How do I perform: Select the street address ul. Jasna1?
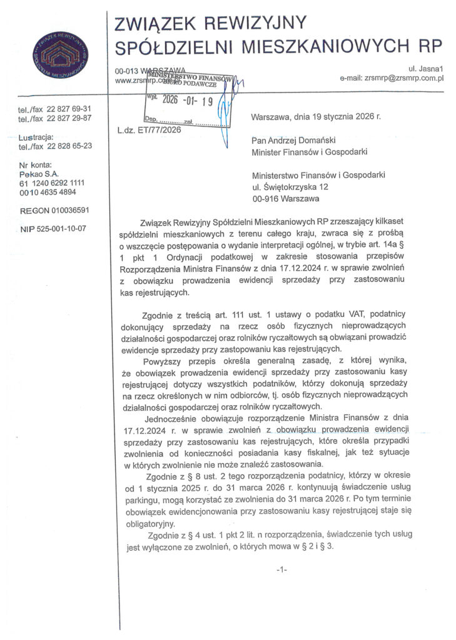(425, 67)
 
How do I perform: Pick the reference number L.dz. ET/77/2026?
(148, 131)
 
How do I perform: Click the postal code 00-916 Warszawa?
(285, 199)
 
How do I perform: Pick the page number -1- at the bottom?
(281, 569)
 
